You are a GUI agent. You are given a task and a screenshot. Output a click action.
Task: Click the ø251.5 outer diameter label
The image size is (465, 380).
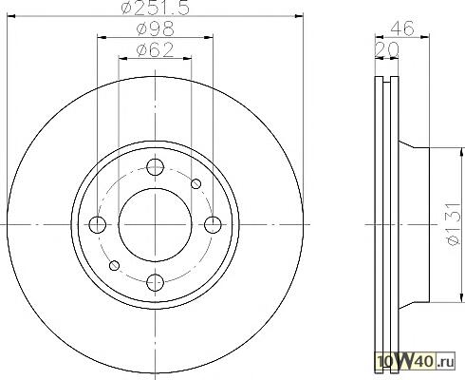(156, 8)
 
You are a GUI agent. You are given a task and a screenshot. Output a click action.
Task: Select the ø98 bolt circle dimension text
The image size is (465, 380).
(156, 28)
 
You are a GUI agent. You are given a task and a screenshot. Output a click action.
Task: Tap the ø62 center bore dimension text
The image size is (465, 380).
(155, 49)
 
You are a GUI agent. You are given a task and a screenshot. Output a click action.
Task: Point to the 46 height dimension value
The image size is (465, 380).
(401, 28)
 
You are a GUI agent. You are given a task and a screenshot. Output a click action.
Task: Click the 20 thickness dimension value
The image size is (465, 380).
(386, 49)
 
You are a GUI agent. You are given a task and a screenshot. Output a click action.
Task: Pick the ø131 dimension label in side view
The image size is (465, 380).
(454, 223)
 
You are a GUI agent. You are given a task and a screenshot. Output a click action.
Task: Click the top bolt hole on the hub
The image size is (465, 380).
(156, 167)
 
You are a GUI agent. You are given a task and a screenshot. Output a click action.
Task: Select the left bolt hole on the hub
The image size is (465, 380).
(98, 225)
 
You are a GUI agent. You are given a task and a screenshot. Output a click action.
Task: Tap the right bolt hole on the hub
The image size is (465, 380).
(213, 225)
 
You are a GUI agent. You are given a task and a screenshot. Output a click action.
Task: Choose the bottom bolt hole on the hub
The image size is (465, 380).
(156, 282)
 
